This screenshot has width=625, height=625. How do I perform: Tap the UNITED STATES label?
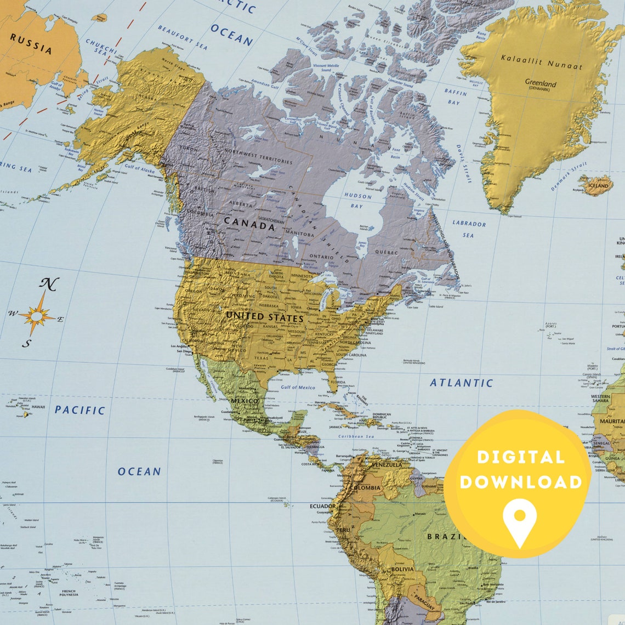tap(264, 317)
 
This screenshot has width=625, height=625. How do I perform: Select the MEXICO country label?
tap(245, 401)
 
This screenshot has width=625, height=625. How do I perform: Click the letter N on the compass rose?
tap(49, 284)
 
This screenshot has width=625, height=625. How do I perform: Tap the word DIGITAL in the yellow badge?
tap(520, 457)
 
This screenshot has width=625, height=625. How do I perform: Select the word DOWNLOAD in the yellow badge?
tap(520, 482)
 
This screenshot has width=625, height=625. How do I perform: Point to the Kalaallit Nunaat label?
tap(541, 61)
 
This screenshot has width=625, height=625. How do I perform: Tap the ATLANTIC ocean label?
tap(461, 383)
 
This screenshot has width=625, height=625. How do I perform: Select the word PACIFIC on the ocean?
tap(80, 410)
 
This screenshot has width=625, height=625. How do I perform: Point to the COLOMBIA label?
tap(365, 487)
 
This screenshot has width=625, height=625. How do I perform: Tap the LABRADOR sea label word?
tap(469, 223)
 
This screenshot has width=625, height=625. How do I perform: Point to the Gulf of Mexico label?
tap(298, 387)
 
